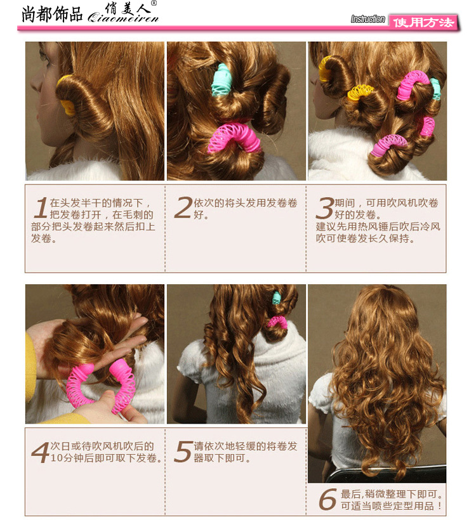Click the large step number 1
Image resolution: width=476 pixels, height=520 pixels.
[x=42, y=207]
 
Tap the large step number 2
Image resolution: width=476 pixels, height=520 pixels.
[x=183, y=207]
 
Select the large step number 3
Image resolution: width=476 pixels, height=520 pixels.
[x=325, y=208]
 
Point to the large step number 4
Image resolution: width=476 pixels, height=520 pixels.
[x=41, y=452]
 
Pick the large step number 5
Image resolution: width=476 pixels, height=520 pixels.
[x=183, y=452]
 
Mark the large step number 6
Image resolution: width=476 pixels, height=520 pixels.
[x=328, y=499]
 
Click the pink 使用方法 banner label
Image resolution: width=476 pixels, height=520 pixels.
[x=423, y=23]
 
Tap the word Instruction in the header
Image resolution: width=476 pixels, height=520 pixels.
[x=367, y=19]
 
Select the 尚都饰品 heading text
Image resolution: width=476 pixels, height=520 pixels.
[x=52, y=15]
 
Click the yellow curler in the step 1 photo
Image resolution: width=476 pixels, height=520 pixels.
[x=67, y=96]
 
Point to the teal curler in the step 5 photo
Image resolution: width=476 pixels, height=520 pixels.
[x=276, y=298]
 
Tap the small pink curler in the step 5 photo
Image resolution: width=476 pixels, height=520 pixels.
[x=277, y=321]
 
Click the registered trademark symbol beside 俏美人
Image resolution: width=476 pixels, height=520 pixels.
[x=154, y=3]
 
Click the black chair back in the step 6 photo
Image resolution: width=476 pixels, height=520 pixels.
[x=385, y=475]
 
